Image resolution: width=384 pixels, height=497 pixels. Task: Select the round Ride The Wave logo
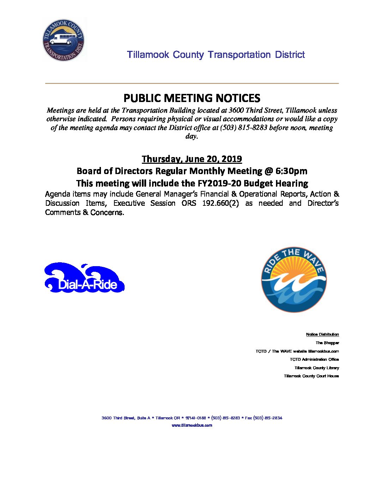(294, 280)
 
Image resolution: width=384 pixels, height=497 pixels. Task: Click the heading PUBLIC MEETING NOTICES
(192, 98)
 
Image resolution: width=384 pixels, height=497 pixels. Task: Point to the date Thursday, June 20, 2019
(192, 159)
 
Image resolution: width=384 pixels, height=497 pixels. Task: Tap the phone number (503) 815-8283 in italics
(244, 128)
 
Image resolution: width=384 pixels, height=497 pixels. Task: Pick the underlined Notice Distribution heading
(322, 334)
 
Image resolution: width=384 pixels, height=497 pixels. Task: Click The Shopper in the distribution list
(327, 343)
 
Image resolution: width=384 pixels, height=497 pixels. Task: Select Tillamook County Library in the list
(317, 368)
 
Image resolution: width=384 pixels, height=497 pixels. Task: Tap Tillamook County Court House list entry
(311, 376)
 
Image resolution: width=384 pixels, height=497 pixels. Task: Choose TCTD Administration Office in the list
(314, 359)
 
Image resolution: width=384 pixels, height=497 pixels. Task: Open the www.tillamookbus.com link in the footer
(192, 425)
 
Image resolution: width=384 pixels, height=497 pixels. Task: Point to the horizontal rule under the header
(192, 83)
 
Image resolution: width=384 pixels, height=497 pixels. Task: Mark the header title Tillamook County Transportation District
(216, 55)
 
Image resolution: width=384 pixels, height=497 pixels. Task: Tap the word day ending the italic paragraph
(191, 136)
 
